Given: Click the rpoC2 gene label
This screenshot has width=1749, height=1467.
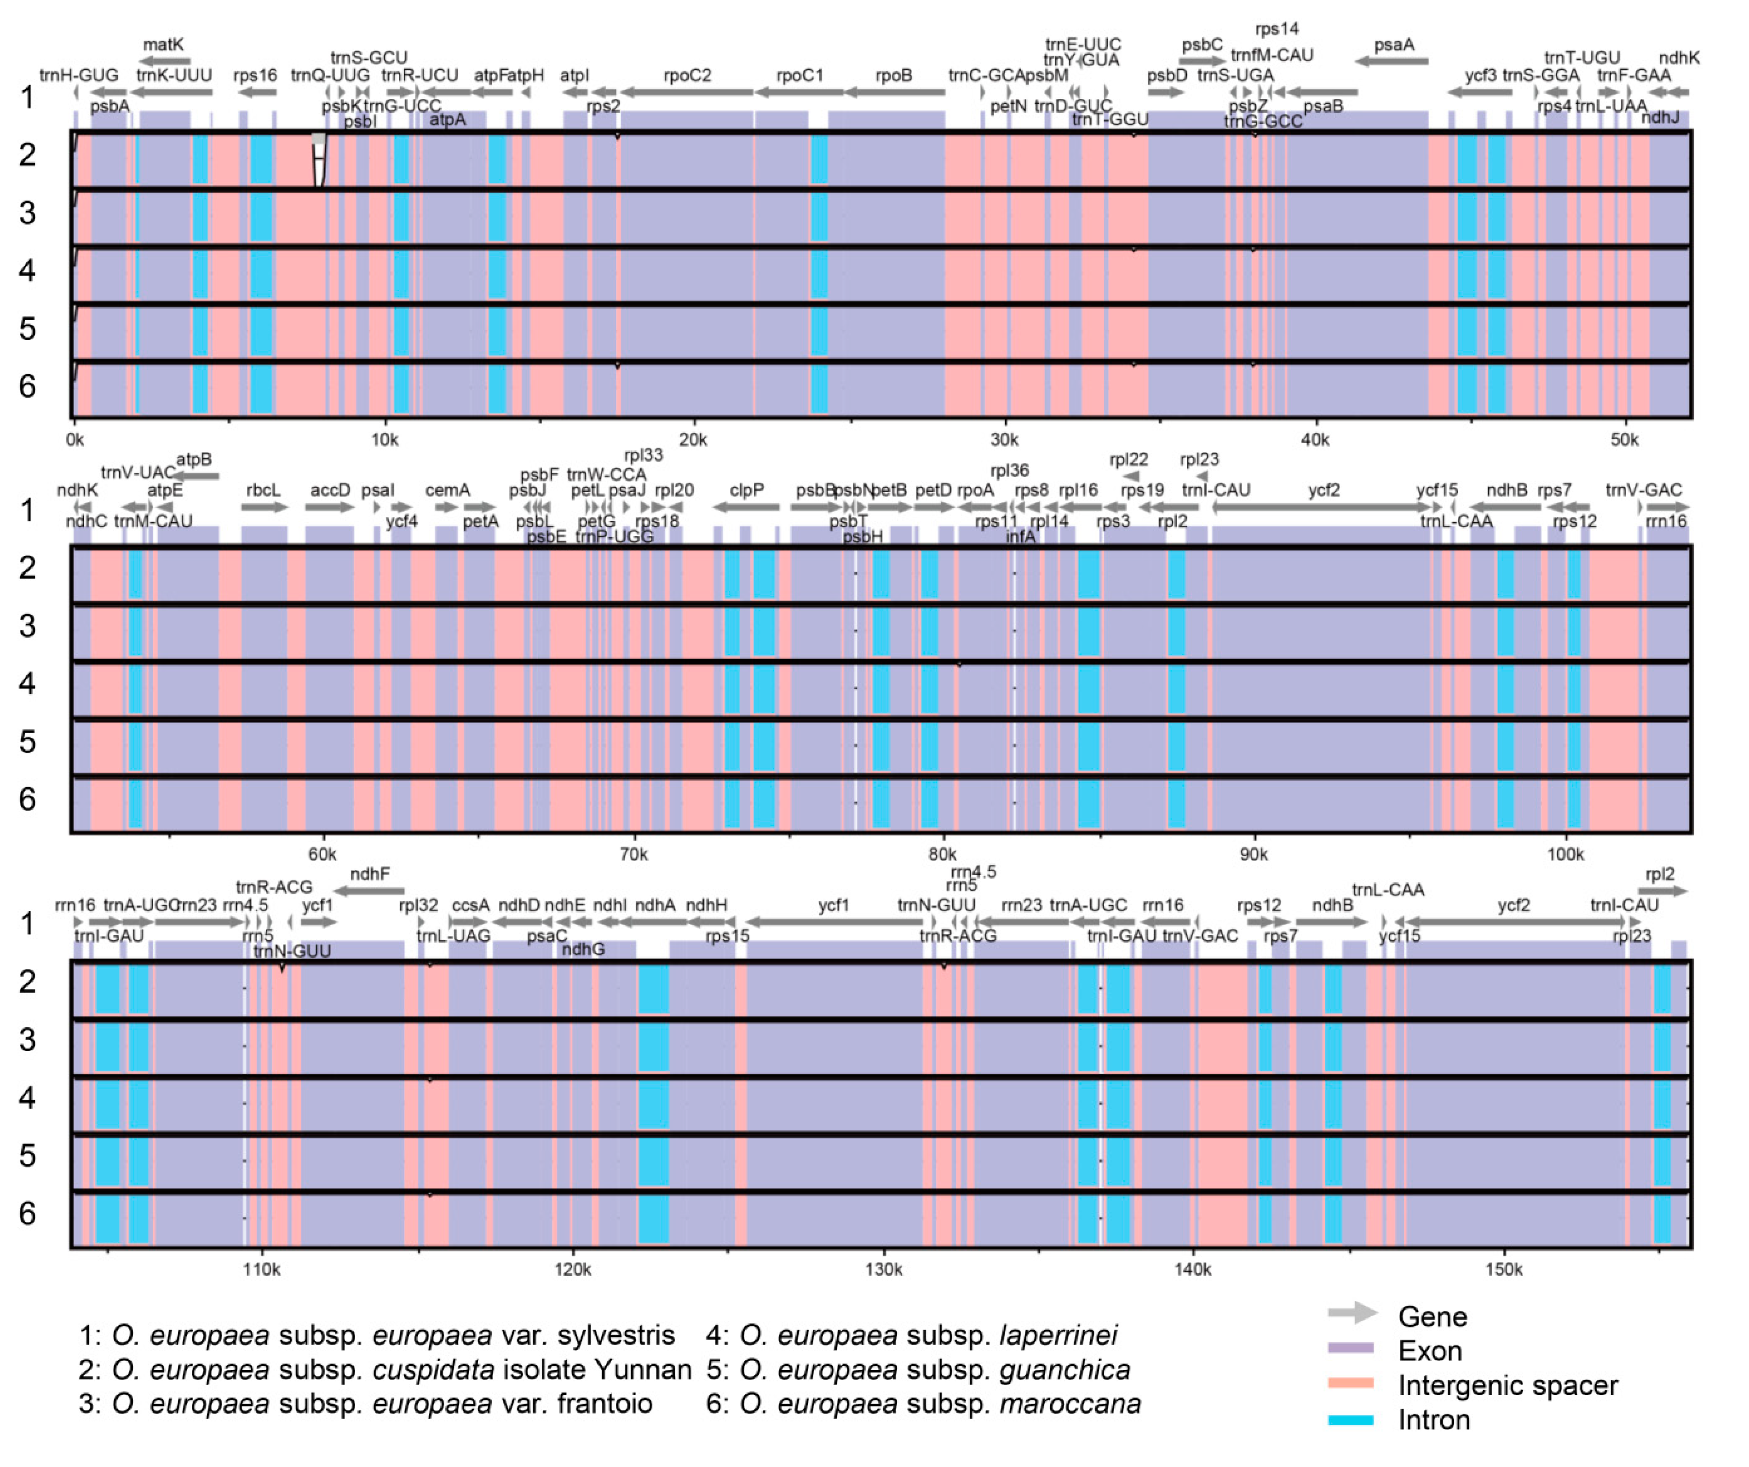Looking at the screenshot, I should pos(687,76).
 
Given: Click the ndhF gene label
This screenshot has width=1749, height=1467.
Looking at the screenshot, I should pos(370,874).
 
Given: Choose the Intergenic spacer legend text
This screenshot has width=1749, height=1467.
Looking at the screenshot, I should pos(1507,1386).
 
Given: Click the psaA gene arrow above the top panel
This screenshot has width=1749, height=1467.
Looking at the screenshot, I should pos(1391,61).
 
